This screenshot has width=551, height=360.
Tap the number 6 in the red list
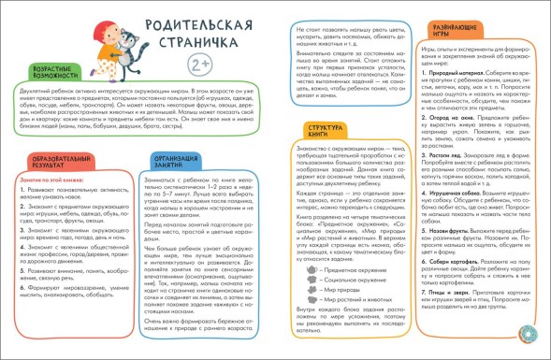tap(22, 277)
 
